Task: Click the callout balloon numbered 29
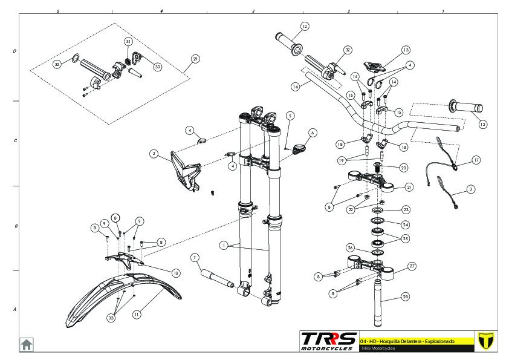(x=195, y=59)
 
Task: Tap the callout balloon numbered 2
(x=154, y=154)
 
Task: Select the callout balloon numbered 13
(x=406, y=50)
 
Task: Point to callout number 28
(x=405, y=296)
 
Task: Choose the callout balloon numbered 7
(x=195, y=257)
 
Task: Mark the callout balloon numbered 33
(x=111, y=316)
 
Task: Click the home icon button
(x=27, y=344)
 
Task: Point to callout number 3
(x=471, y=189)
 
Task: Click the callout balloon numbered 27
(x=412, y=266)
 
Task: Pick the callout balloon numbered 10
(x=175, y=273)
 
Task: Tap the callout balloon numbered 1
(x=224, y=246)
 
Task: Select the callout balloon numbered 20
(x=404, y=168)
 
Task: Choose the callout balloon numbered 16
(x=295, y=87)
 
